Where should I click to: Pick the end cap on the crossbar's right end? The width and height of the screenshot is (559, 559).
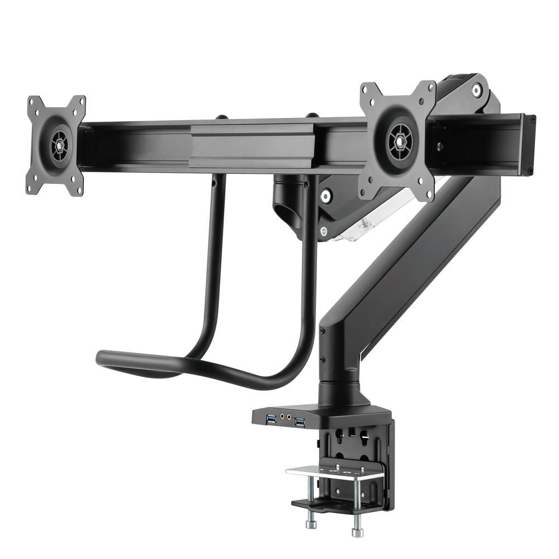(529, 145)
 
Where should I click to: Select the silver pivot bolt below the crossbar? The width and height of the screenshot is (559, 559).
(324, 195)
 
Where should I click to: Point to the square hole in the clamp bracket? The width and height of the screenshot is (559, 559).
(353, 432)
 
